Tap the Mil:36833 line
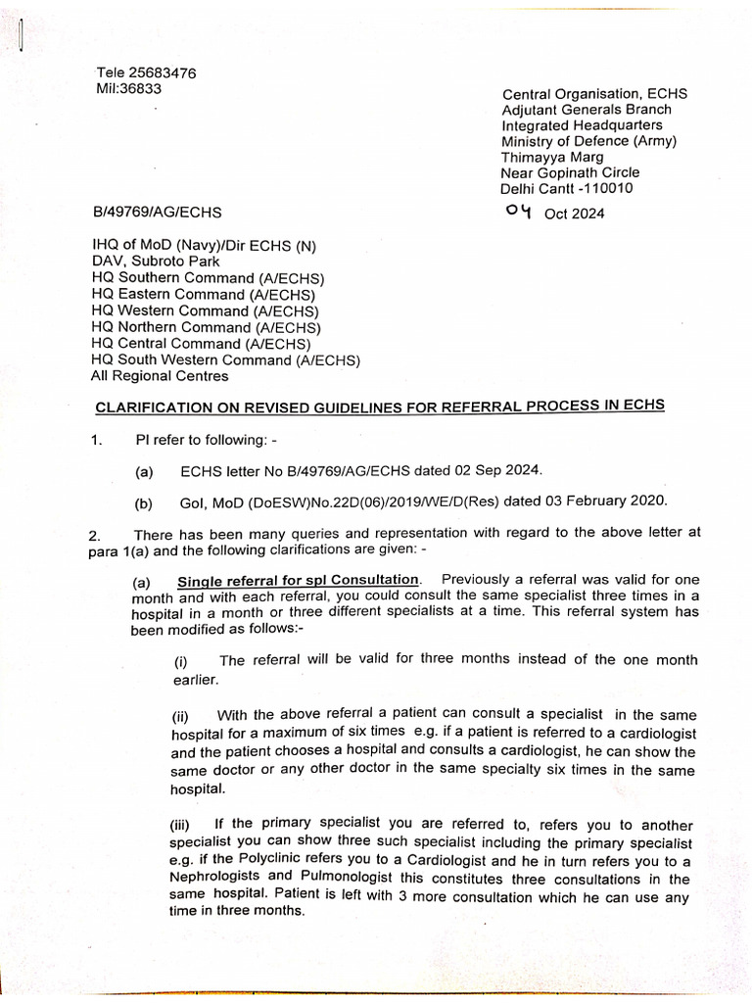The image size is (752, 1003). coord(128,88)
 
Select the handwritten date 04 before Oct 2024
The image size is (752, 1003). coord(518,212)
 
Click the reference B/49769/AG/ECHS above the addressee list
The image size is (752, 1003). coord(157,212)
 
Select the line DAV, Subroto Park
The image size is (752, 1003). coord(156,262)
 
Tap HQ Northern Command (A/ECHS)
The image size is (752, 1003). coord(206,327)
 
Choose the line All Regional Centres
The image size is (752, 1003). coord(160,376)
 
